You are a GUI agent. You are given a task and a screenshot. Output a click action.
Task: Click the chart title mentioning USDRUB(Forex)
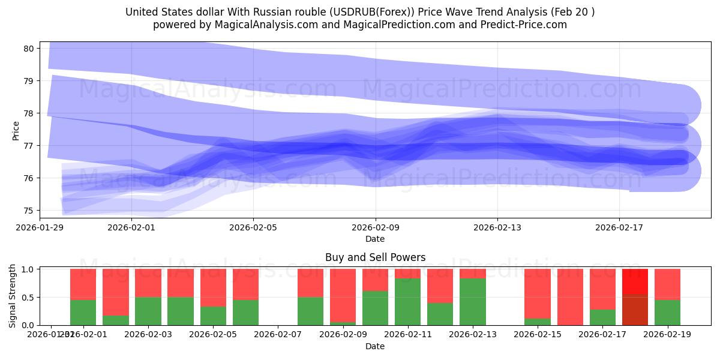pyautogui.click(x=360, y=12)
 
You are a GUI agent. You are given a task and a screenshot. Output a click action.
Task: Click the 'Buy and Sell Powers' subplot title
pyautogui.click(x=375, y=257)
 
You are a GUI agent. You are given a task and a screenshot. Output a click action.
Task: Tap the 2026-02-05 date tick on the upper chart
pyautogui.click(x=253, y=227)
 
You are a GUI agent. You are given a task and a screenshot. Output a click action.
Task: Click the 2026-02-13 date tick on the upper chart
pyautogui.click(x=497, y=227)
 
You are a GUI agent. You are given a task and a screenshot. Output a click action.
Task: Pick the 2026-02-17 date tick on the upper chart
pyautogui.click(x=619, y=227)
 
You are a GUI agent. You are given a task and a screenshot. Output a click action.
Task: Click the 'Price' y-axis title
pyautogui.click(x=16, y=131)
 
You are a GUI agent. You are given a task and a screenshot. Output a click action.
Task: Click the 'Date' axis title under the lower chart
pyautogui.click(x=375, y=346)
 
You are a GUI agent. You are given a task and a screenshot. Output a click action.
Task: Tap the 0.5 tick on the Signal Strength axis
pyautogui.click(x=28, y=298)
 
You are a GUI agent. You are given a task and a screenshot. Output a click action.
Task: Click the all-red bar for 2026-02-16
pyautogui.click(x=570, y=297)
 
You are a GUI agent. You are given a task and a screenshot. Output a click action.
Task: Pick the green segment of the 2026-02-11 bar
pyautogui.click(x=407, y=302)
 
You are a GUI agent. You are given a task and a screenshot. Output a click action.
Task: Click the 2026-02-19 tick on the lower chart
pyautogui.click(x=667, y=334)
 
